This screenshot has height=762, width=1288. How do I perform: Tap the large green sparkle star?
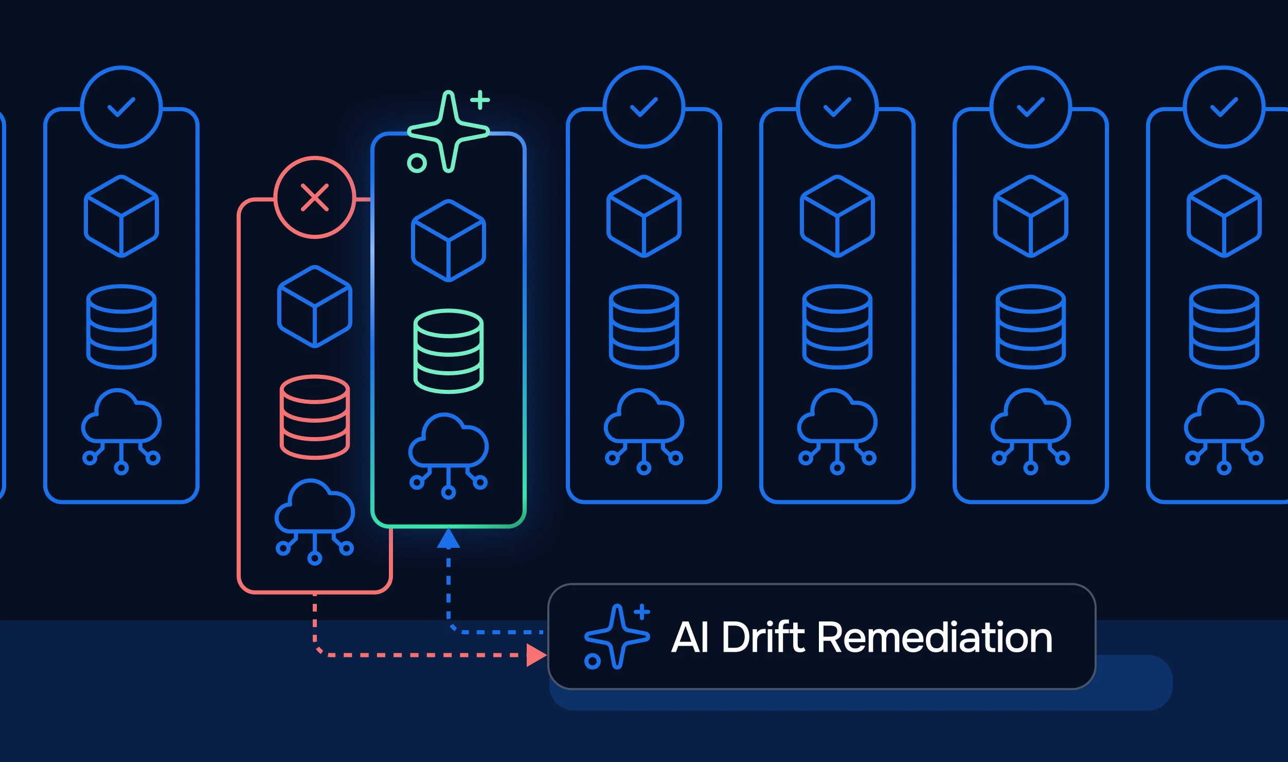449,131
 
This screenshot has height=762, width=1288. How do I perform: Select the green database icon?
449,351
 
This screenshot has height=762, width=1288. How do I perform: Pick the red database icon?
315,417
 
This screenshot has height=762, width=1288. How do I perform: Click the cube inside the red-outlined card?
315,307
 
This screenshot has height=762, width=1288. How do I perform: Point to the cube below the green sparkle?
449,241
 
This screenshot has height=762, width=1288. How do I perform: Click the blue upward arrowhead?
449,539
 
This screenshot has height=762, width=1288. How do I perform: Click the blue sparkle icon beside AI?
617,637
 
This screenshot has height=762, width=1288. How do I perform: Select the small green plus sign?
480,100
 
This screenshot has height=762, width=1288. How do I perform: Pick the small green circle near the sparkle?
417,163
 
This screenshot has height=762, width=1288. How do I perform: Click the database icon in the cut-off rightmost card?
1224,326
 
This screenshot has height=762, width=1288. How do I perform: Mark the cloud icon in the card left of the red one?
121,431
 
